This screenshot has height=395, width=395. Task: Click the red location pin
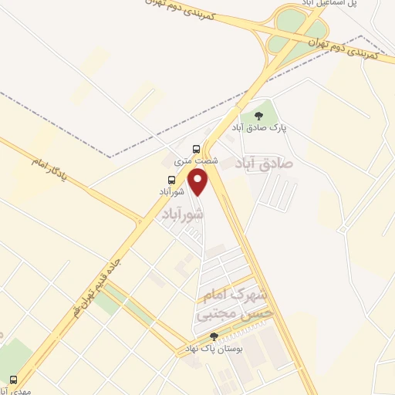(200, 181)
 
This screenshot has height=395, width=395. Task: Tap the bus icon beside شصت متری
(196, 149)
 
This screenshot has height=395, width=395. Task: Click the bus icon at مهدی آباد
(12, 380)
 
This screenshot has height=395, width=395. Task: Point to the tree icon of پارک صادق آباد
(258, 116)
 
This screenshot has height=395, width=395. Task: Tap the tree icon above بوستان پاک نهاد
(214, 336)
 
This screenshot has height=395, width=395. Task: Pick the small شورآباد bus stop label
(171, 191)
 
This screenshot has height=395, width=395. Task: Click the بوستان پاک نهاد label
(211, 349)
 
